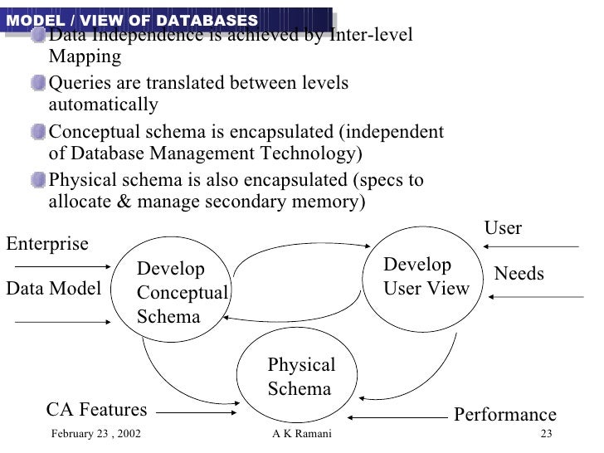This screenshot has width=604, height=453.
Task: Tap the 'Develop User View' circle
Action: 425,277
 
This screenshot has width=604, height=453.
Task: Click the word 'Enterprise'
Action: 47,244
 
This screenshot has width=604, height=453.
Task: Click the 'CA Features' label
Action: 96,410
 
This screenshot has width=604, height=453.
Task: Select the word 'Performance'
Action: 504,415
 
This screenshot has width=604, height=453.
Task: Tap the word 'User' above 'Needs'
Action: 503,228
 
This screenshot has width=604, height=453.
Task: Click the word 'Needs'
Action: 519,274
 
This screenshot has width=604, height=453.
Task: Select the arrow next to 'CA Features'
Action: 197,411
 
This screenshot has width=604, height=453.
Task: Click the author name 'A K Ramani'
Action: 300,436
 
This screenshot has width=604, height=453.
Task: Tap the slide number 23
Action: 545,436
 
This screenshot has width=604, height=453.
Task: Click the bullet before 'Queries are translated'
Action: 39,84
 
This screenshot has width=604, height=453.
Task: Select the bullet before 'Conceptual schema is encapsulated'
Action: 39,133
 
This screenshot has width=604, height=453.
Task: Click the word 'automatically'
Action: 104,105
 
